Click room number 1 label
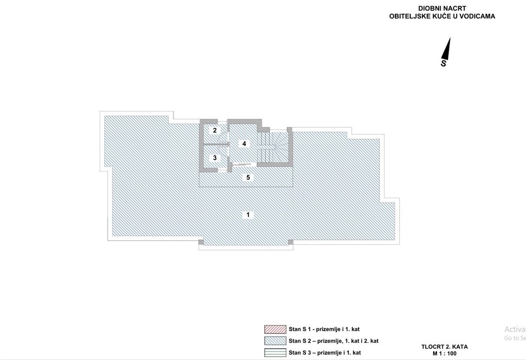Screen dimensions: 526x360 click(248, 215)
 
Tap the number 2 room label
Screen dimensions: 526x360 click(215, 130)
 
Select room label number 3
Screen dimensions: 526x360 click(215, 158)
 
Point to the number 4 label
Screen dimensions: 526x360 click(244, 144)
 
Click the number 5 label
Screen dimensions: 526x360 click(248, 177)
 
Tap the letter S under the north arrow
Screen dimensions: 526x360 click(444, 63)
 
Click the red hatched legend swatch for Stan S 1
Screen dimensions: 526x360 click(275, 329)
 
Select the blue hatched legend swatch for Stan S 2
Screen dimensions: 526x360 click(275, 341)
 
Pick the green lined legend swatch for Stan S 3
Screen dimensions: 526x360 click(275, 353)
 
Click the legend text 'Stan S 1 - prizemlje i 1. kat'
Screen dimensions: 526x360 click(324, 330)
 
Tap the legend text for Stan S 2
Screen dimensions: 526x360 click(333, 341)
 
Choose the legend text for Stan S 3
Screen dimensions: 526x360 click(325, 353)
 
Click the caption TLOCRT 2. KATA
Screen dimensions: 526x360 click(444, 347)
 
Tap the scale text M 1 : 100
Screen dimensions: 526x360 click(444, 353)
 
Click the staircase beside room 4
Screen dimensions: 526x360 click(273, 146)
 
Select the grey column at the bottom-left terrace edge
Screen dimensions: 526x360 click(201, 242)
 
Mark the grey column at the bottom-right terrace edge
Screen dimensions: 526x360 click(291, 242)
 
